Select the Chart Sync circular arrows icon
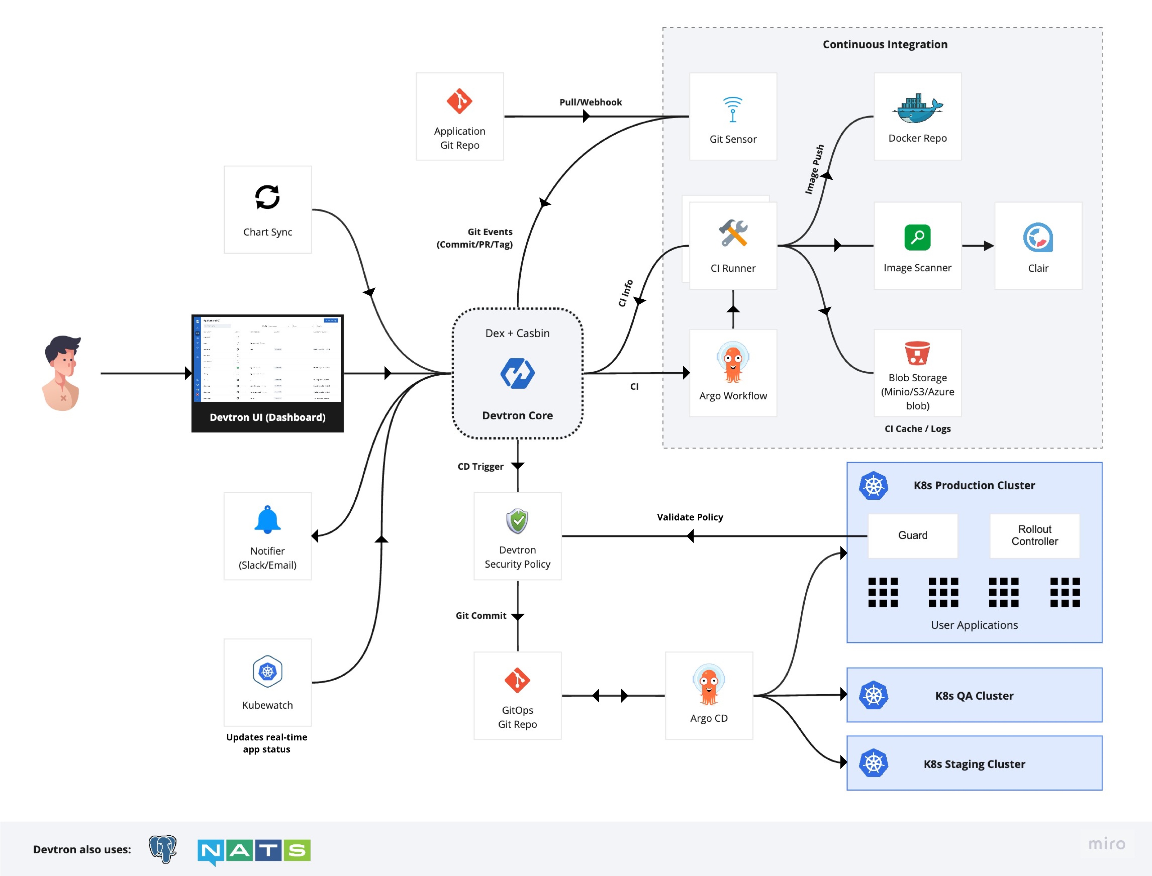click(x=267, y=197)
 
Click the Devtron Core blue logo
click(x=517, y=373)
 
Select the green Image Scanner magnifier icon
click(x=917, y=238)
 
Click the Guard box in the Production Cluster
click(x=912, y=535)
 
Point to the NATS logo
click(x=254, y=851)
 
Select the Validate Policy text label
click(x=689, y=517)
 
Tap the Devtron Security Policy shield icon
click(x=517, y=521)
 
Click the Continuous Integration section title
click(x=884, y=44)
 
